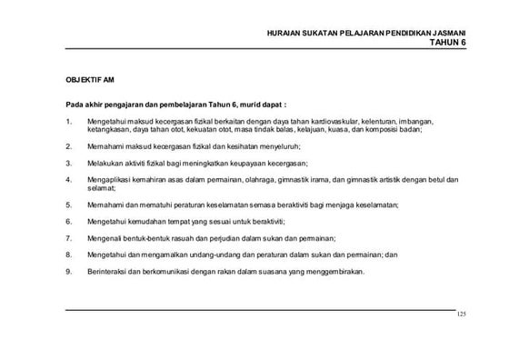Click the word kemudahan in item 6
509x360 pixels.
point(143,222)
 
